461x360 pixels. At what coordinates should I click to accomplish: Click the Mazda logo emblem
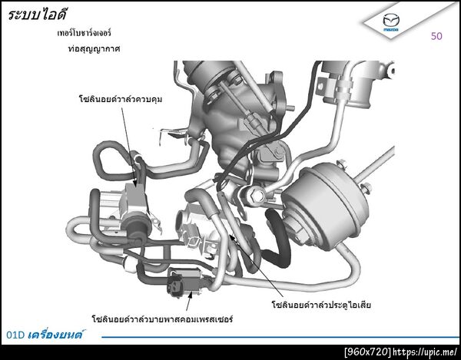[x=391, y=21]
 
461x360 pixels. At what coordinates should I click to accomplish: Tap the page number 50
[x=436, y=36]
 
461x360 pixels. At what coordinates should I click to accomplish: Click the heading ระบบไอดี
[x=38, y=14]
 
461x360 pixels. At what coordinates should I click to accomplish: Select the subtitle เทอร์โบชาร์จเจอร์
[x=84, y=32]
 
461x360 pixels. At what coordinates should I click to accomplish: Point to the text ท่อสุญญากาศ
[x=94, y=48]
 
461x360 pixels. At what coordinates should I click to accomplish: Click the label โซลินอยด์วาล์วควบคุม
[x=121, y=99]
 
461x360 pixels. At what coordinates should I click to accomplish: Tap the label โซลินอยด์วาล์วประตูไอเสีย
[x=321, y=305]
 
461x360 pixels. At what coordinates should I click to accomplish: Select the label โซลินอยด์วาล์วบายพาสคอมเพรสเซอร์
[x=162, y=319]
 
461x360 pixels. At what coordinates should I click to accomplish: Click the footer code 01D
[x=15, y=335]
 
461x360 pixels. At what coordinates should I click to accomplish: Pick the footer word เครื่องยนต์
[x=55, y=334]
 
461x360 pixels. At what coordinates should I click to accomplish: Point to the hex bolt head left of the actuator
[x=258, y=194]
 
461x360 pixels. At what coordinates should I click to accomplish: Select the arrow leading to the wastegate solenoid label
[x=256, y=265]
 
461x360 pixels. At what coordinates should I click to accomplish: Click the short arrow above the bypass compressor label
[x=189, y=301]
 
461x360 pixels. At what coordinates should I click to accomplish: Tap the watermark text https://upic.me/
[x=425, y=352]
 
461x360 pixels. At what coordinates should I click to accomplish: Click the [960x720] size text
[x=368, y=352]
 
